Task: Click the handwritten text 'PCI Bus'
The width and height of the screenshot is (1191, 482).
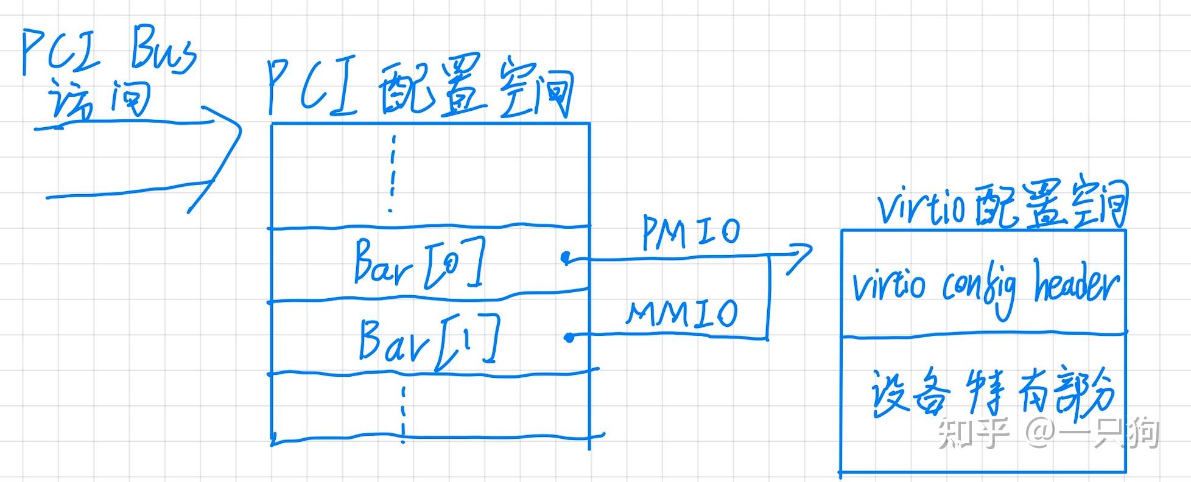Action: point(110,54)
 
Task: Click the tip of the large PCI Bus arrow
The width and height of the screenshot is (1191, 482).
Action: point(241,130)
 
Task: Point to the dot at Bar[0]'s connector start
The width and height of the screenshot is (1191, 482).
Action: point(566,259)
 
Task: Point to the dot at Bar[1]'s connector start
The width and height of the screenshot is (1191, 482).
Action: point(569,337)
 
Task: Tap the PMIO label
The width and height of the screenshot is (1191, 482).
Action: point(691,232)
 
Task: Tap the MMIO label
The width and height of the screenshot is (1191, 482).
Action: point(683,313)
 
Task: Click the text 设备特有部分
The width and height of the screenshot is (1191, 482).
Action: point(993,394)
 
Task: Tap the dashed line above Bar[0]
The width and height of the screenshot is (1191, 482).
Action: point(392,173)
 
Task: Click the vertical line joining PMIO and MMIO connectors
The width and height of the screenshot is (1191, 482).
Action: point(768,297)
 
